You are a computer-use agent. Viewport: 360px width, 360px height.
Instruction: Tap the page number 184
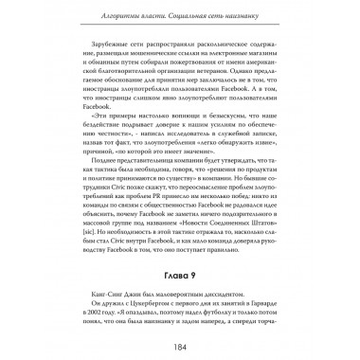tap(179, 341)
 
